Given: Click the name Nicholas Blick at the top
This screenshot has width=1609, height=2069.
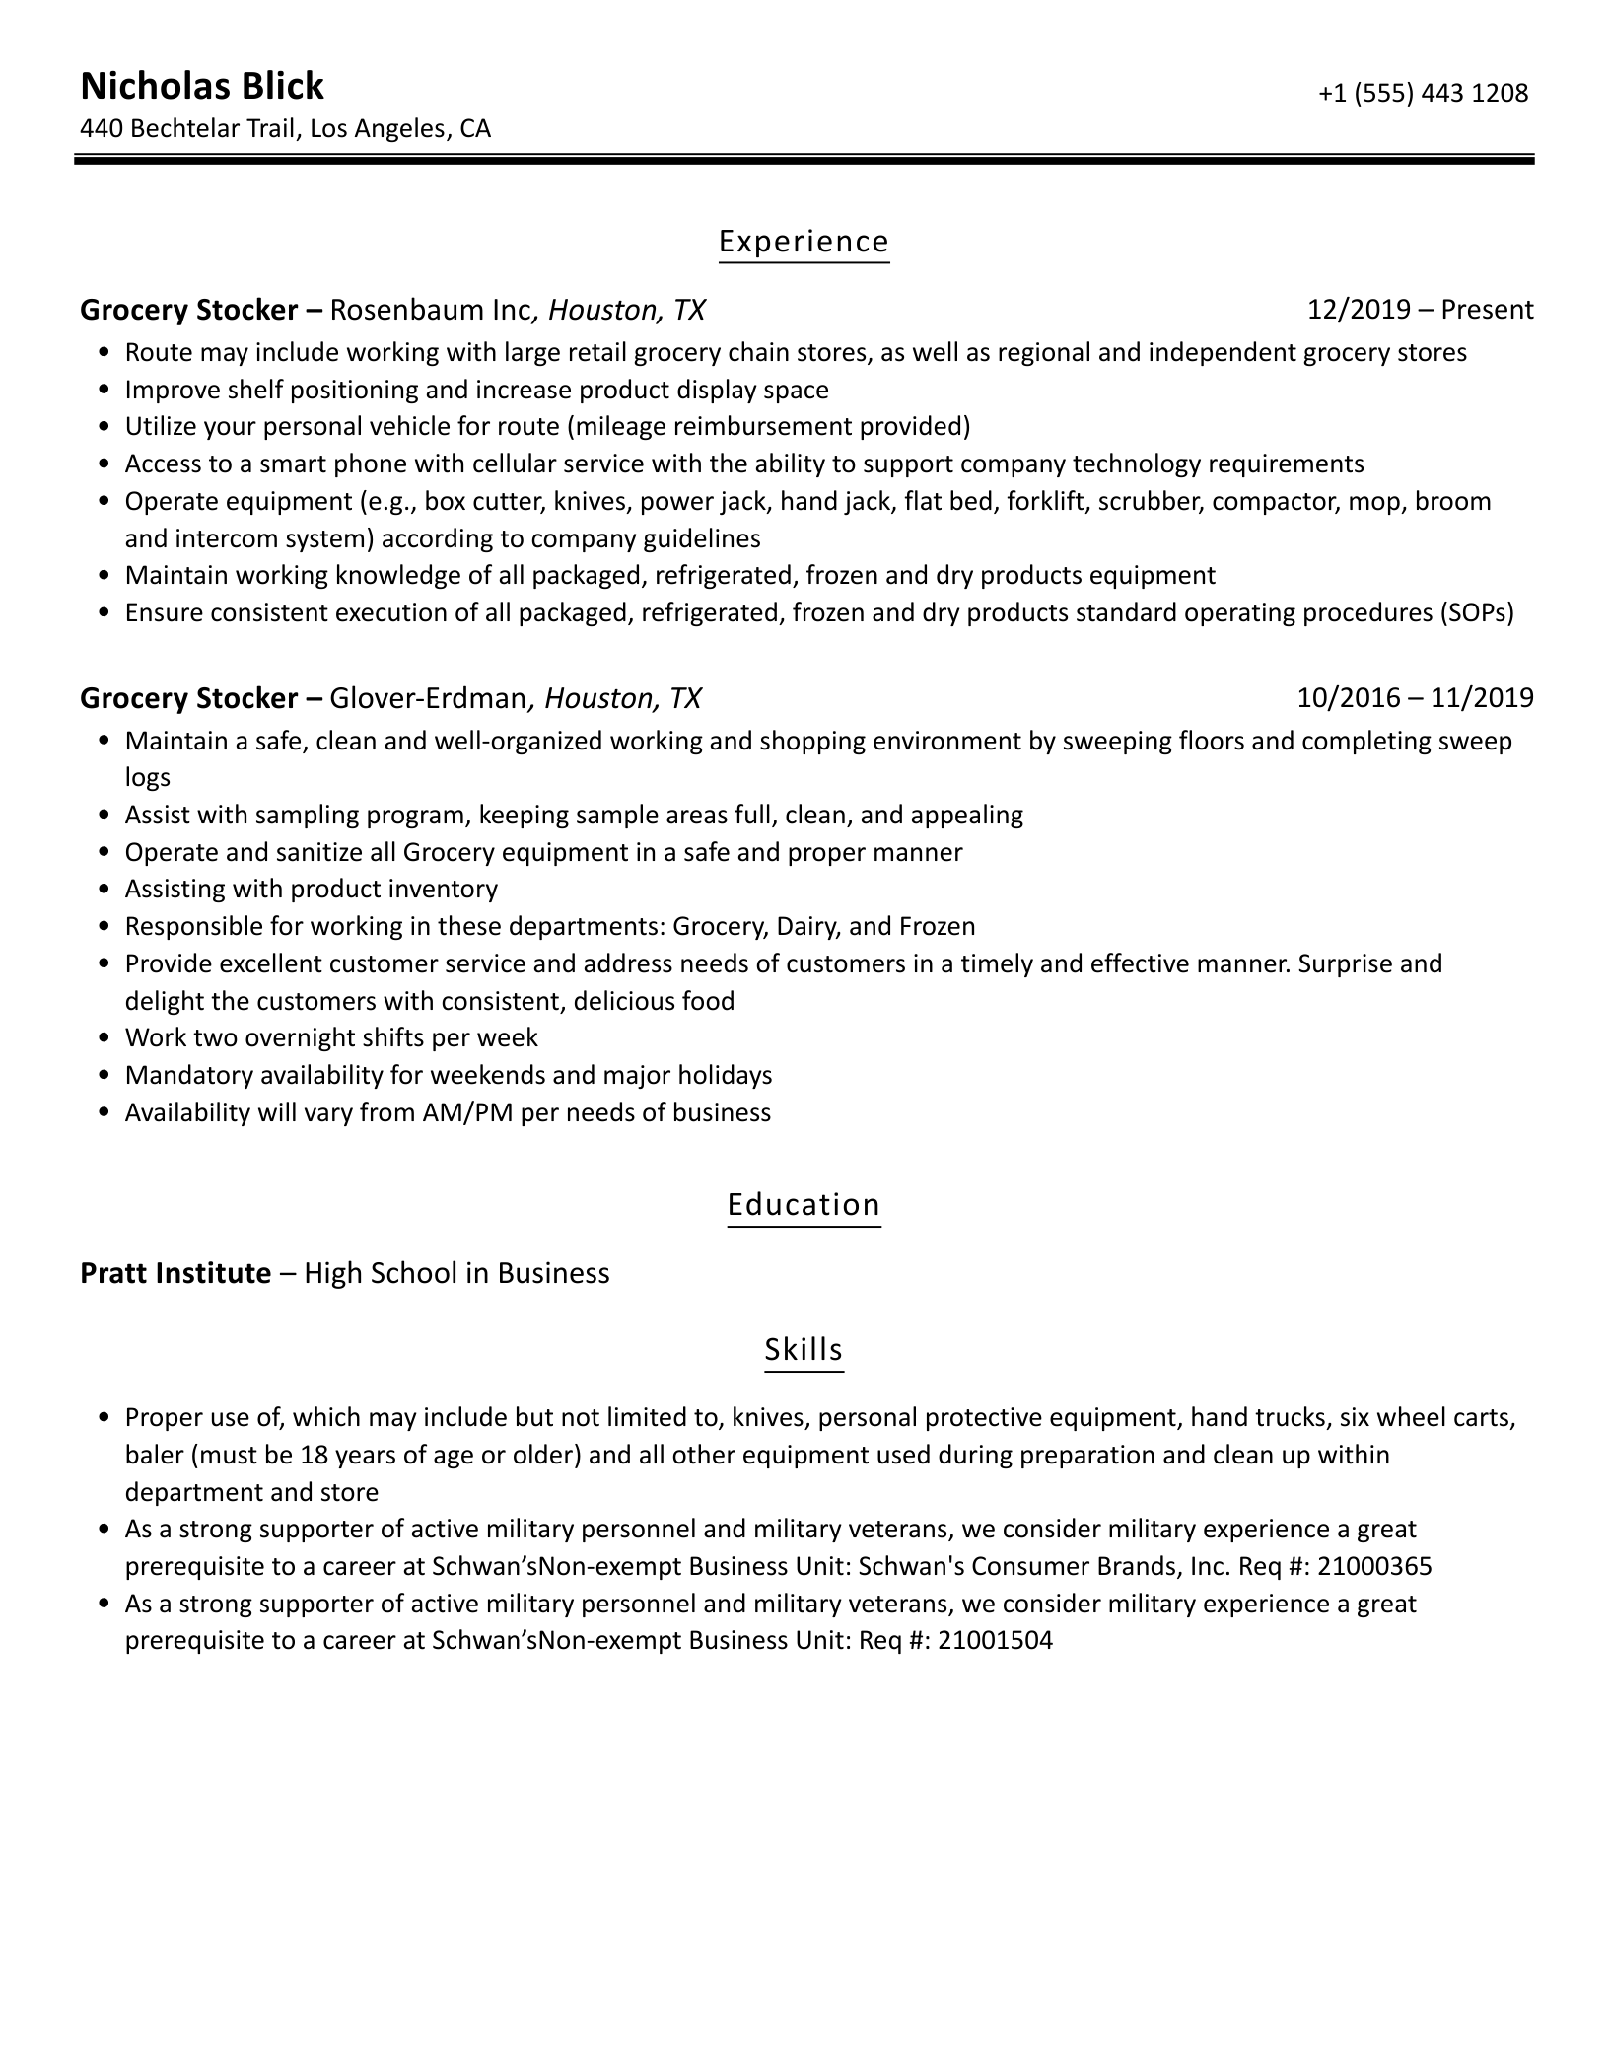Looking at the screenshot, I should click(x=201, y=87).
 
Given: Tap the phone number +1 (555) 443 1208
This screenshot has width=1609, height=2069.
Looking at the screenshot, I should click(x=1422, y=94).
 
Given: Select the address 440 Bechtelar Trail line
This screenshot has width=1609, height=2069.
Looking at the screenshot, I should click(x=285, y=129).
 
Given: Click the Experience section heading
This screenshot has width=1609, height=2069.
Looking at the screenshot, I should click(x=804, y=242).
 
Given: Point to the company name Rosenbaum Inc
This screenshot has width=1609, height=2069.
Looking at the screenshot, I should click(x=431, y=311).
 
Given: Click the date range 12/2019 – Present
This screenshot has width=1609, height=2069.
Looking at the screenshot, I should click(x=1420, y=311).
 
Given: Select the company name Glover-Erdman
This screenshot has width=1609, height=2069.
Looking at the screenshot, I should click(x=428, y=699).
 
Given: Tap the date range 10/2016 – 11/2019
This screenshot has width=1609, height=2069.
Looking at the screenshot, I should click(x=1415, y=699).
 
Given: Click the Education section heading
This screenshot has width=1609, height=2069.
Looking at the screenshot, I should click(x=804, y=1205).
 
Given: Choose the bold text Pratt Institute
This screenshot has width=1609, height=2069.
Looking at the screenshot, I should click(x=175, y=1274).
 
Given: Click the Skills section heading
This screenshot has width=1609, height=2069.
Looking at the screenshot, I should click(x=804, y=1350).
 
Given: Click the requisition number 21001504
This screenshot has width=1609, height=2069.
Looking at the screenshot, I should click(x=995, y=1641).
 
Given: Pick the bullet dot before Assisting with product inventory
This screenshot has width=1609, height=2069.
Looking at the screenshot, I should click(x=105, y=890).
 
